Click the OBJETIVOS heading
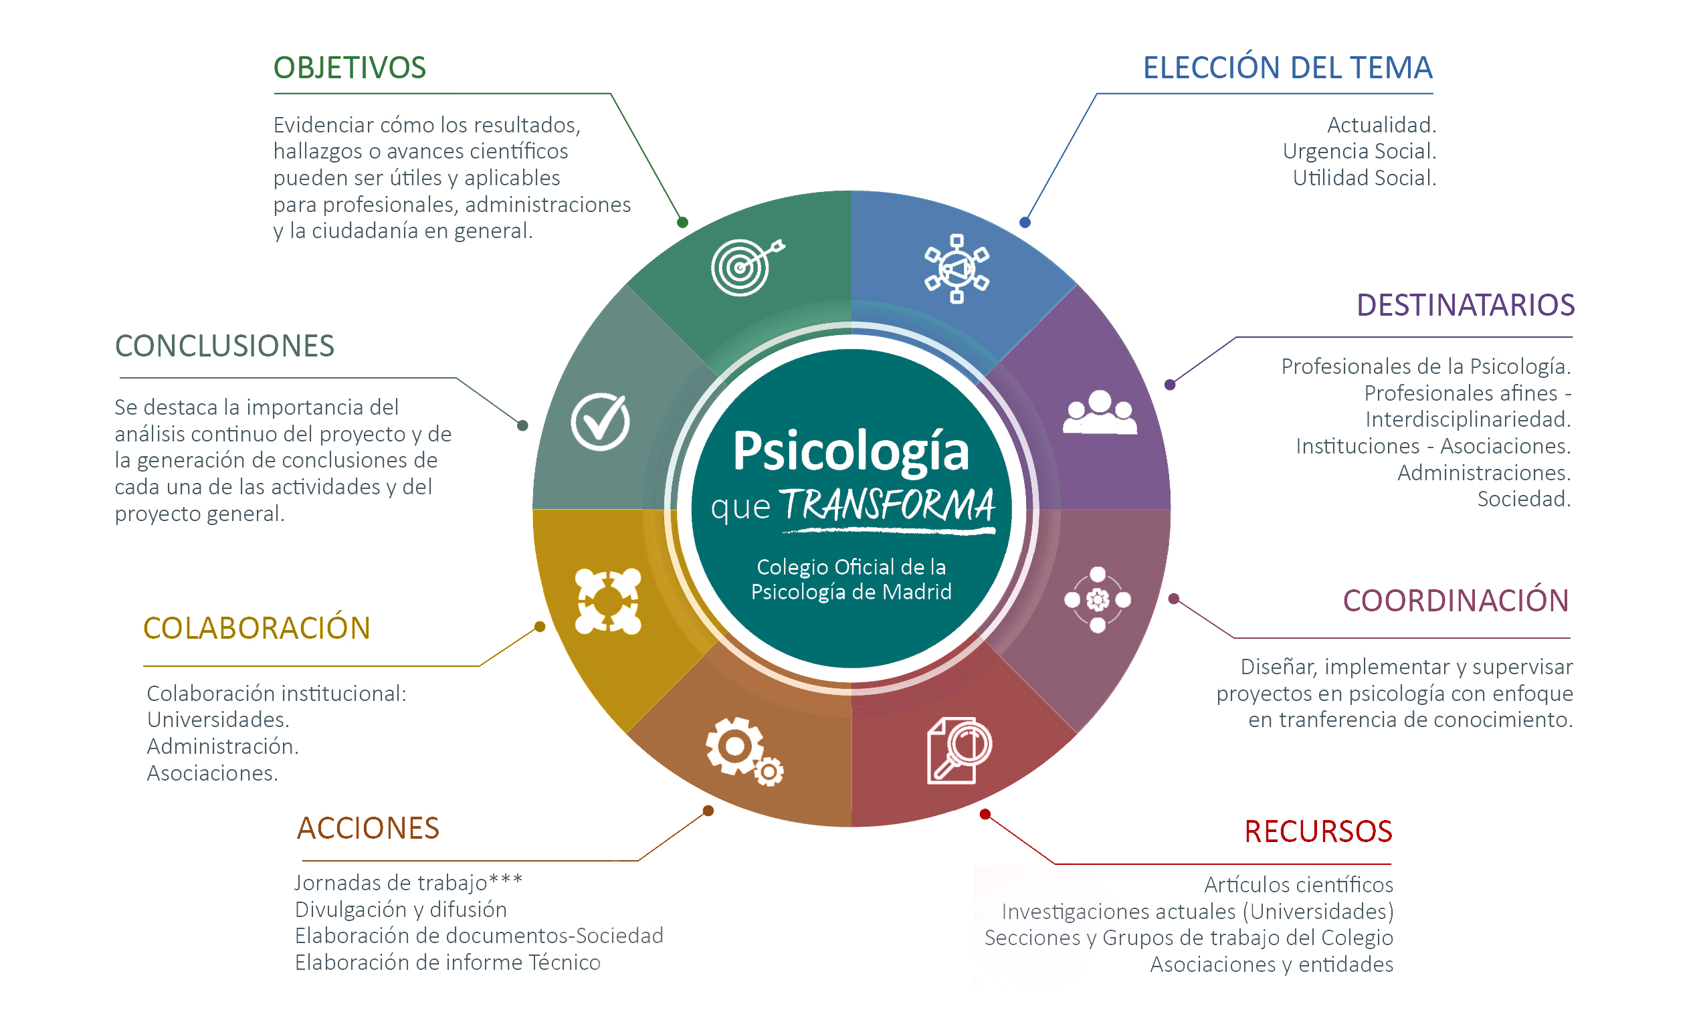tap(349, 68)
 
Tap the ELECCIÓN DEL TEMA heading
tap(1287, 68)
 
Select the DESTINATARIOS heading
tap(1464, 305)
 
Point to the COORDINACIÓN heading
tap(1455, 601)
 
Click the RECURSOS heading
tap(1318, 831)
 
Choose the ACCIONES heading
tap(368, 828)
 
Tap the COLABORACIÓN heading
tap(256, 628)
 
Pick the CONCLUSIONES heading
tap(224, 346)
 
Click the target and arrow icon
tap(746, 267)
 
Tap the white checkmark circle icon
tap(600, 421)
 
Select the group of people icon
tap(1099, 412)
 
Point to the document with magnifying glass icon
tap(958, 750)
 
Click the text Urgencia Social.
tap(1359, 151)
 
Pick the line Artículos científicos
tap(1298, 885)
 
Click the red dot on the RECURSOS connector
tap(985, 814)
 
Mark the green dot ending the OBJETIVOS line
tap(682, 222)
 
